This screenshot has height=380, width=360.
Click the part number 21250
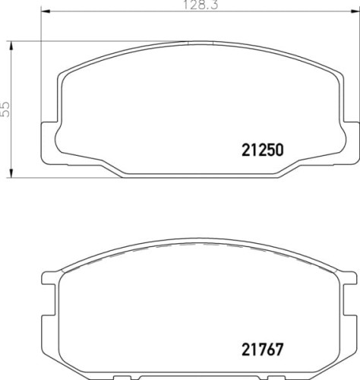tap(263, 150)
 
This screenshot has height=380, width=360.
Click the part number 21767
tap(262, 350)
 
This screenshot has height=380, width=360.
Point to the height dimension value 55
tap(5, 109)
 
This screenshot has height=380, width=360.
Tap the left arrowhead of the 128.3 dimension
tap(46, 11)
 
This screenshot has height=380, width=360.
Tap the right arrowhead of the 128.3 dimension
tap(355, 11)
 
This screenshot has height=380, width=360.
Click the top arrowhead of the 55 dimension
tap(11, 46)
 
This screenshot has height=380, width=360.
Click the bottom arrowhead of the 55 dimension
tap(11, 173)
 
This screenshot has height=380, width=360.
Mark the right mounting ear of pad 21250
tap(351, 143)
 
